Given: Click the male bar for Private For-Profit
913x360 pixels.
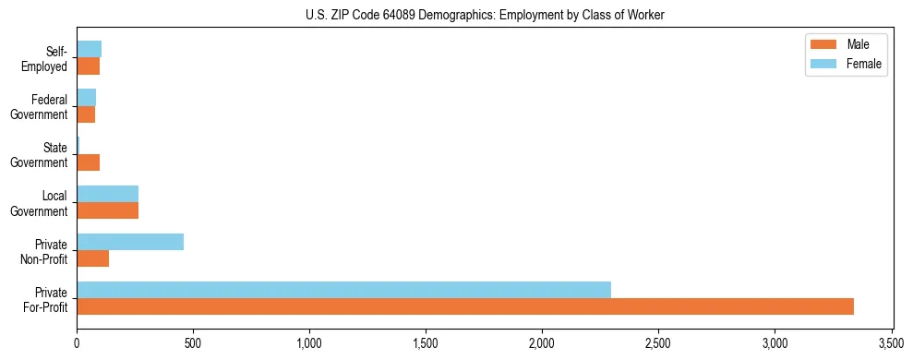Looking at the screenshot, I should coord(465,306).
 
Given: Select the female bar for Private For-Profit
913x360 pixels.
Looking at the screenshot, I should coord(343,290).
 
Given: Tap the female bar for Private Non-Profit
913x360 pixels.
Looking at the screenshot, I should coord(130,242).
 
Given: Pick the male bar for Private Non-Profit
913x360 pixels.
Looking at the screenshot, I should coord(92,258).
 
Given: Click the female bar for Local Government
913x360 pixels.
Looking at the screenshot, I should coord(107,194).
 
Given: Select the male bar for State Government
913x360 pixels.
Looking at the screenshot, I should coord(88,162).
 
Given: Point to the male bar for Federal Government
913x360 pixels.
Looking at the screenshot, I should coord(86,114).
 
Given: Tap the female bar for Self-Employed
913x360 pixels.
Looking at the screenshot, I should coord(89,49).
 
